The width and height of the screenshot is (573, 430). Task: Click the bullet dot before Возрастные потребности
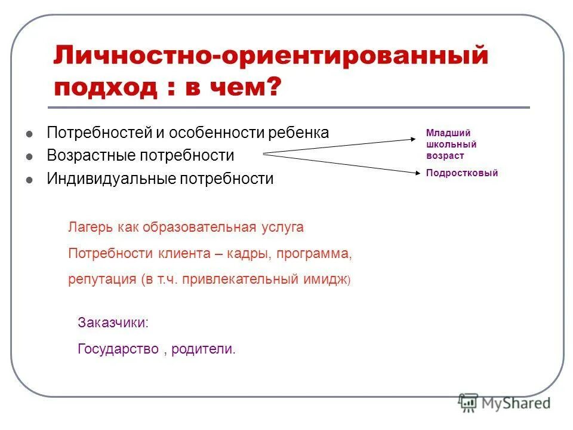(29, 156)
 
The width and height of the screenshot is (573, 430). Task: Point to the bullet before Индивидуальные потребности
(29, 179)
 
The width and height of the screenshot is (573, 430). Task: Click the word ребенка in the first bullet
(301, 133)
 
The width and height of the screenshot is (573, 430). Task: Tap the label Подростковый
(461, 173)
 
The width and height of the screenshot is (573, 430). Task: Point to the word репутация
(102, 279)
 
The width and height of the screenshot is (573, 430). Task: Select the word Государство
(118, 349)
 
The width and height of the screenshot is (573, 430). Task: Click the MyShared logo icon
(469, 403)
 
